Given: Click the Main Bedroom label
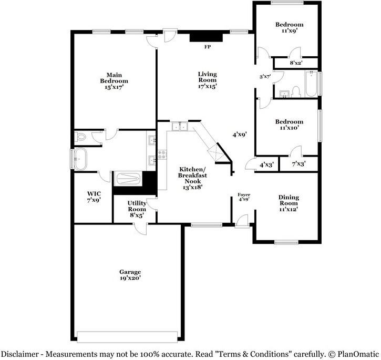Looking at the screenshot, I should click(114, 81).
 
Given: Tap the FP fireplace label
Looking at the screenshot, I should click(208, 47).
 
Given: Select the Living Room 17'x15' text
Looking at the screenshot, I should click(207, 80).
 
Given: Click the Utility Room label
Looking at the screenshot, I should click(137, 209).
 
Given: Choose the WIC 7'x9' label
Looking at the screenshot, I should click(93, 197).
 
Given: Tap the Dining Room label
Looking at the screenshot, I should click(288, 203).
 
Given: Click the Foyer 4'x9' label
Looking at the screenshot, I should click(244, 197).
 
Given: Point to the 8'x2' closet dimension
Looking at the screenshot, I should click(296, 64).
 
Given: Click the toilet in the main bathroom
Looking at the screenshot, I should click(80, 138).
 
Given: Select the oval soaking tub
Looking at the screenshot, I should click(83, 158).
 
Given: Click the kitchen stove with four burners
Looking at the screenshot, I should click(162, 155).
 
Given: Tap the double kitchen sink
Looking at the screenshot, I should click(180, 126).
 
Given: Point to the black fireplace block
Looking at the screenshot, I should click(206, 36).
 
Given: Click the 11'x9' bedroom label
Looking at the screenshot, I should click(290, 28).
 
